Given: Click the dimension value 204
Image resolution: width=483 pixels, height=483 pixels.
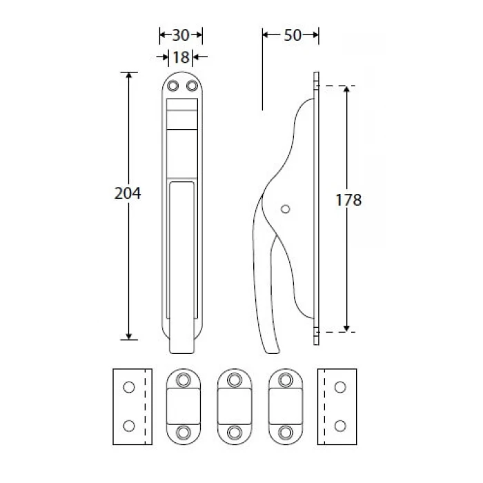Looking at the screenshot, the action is (x=128, y=193).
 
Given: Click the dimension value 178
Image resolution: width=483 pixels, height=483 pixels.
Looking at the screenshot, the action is (x=348, y=200).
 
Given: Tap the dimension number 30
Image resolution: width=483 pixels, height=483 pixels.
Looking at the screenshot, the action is (x=181, y=35).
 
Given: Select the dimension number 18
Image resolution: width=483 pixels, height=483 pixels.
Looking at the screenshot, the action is (x=181, y=57).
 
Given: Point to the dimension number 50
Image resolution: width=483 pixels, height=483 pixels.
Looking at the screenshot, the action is (x=293, y=35).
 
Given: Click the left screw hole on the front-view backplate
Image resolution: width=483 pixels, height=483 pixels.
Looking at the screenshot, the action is (x=172, y=86).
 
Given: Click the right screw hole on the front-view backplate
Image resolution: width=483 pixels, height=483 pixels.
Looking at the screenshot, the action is (x=193, y=86).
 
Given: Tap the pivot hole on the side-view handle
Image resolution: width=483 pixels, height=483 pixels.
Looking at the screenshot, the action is (x=286, y=209).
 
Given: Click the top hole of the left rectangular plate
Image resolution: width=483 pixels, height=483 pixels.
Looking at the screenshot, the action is (x=129, y=387).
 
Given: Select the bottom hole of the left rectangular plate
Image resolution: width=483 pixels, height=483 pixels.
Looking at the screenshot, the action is (x=129, y=426).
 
